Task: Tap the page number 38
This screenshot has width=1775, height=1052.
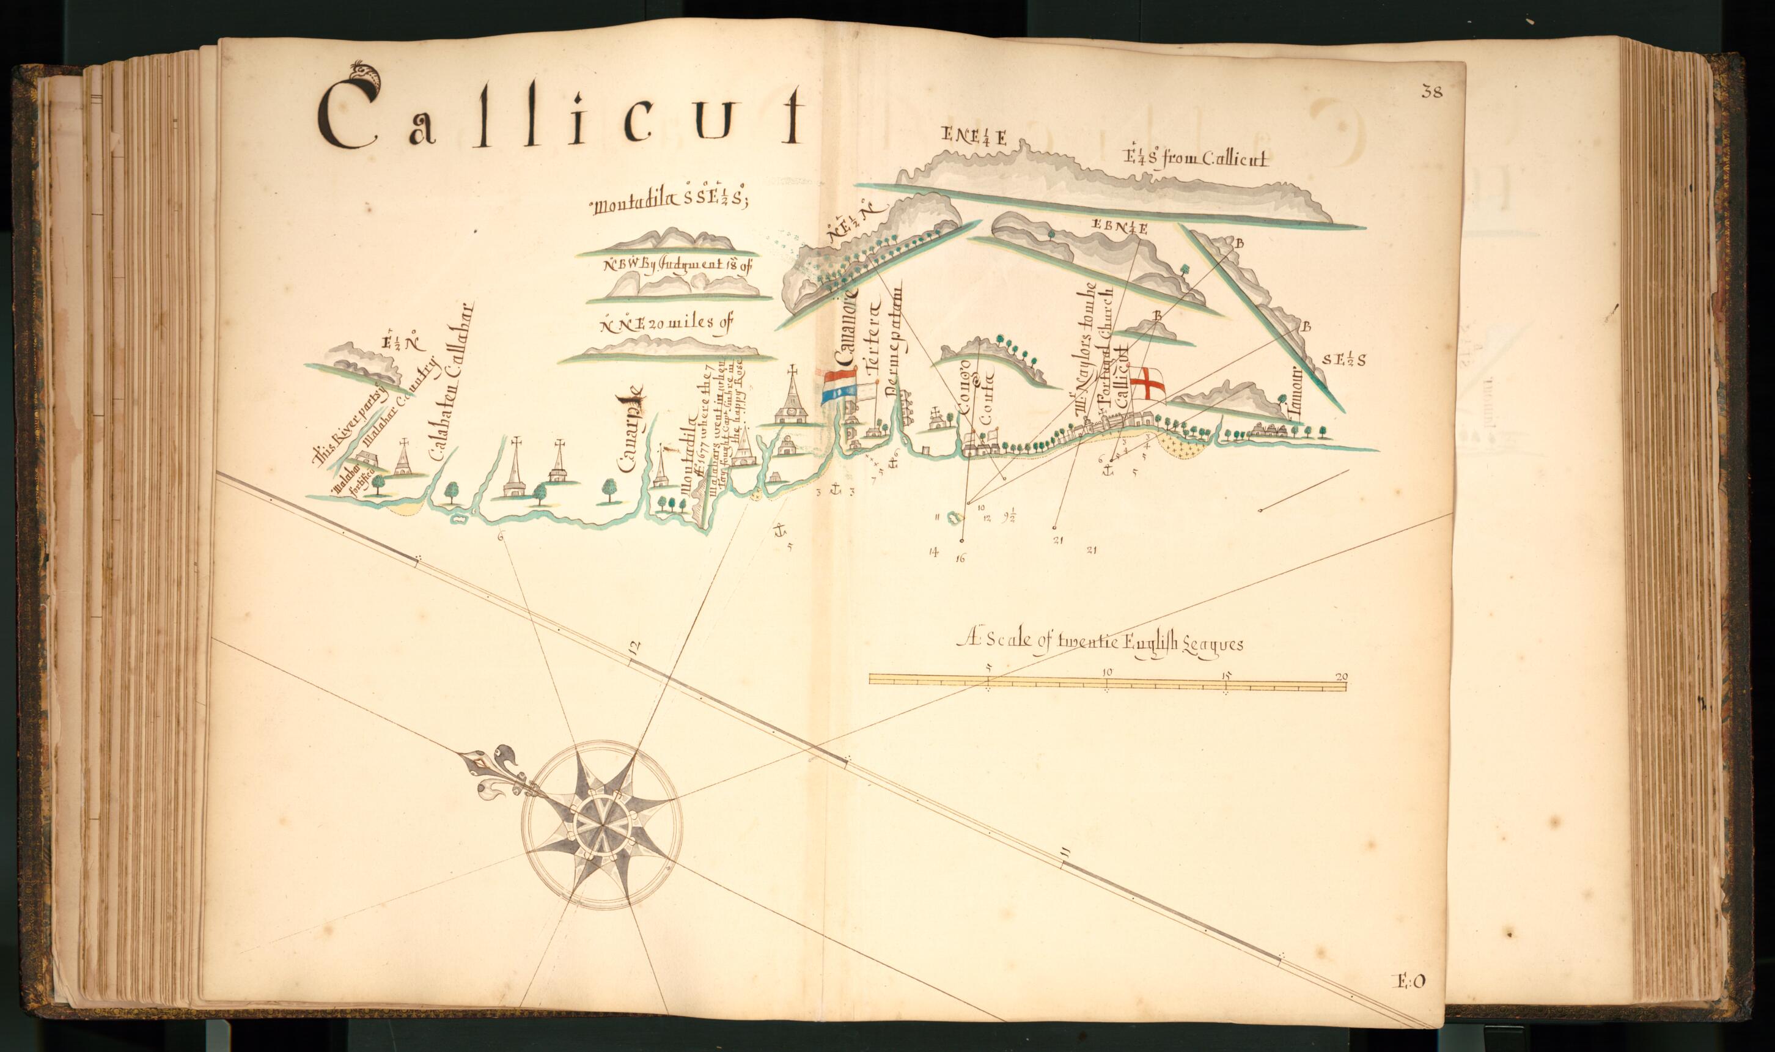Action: click(1432, 92)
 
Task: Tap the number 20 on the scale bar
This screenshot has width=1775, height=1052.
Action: click(1341, 676)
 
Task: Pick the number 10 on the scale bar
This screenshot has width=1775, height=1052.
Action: click(1108, 672)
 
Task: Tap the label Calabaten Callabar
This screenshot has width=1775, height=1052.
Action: click(450, 383)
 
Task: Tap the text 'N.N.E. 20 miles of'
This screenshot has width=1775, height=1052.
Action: click(664, 325)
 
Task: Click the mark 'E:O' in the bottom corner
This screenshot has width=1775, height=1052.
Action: click(1412, 980)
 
